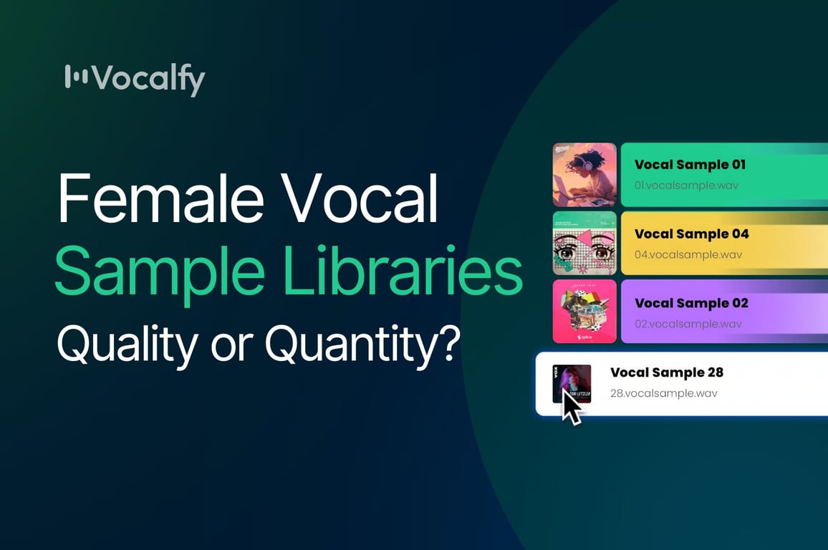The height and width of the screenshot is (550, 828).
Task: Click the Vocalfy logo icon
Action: tap(76, 77)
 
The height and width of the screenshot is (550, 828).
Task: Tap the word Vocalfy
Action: tap(148, 79)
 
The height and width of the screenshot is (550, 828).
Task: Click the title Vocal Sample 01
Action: tap(689, 165)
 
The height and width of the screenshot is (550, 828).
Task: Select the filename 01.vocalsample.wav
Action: tap(686, 185)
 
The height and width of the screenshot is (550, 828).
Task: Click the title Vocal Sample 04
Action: tap(691, 234)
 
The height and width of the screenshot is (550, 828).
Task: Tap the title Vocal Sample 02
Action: tap(690, 304)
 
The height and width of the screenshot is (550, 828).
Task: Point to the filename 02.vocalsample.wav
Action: tap(687, 324)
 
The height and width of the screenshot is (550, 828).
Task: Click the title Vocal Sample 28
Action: tap(666, 372)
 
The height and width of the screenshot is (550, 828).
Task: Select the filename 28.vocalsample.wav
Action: tap(663, 393)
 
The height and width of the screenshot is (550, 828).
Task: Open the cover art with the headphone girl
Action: tap(584, 175)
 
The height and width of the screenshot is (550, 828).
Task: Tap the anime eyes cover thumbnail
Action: tap(584, 243)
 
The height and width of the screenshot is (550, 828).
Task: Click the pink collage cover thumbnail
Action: tap(584, 312)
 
